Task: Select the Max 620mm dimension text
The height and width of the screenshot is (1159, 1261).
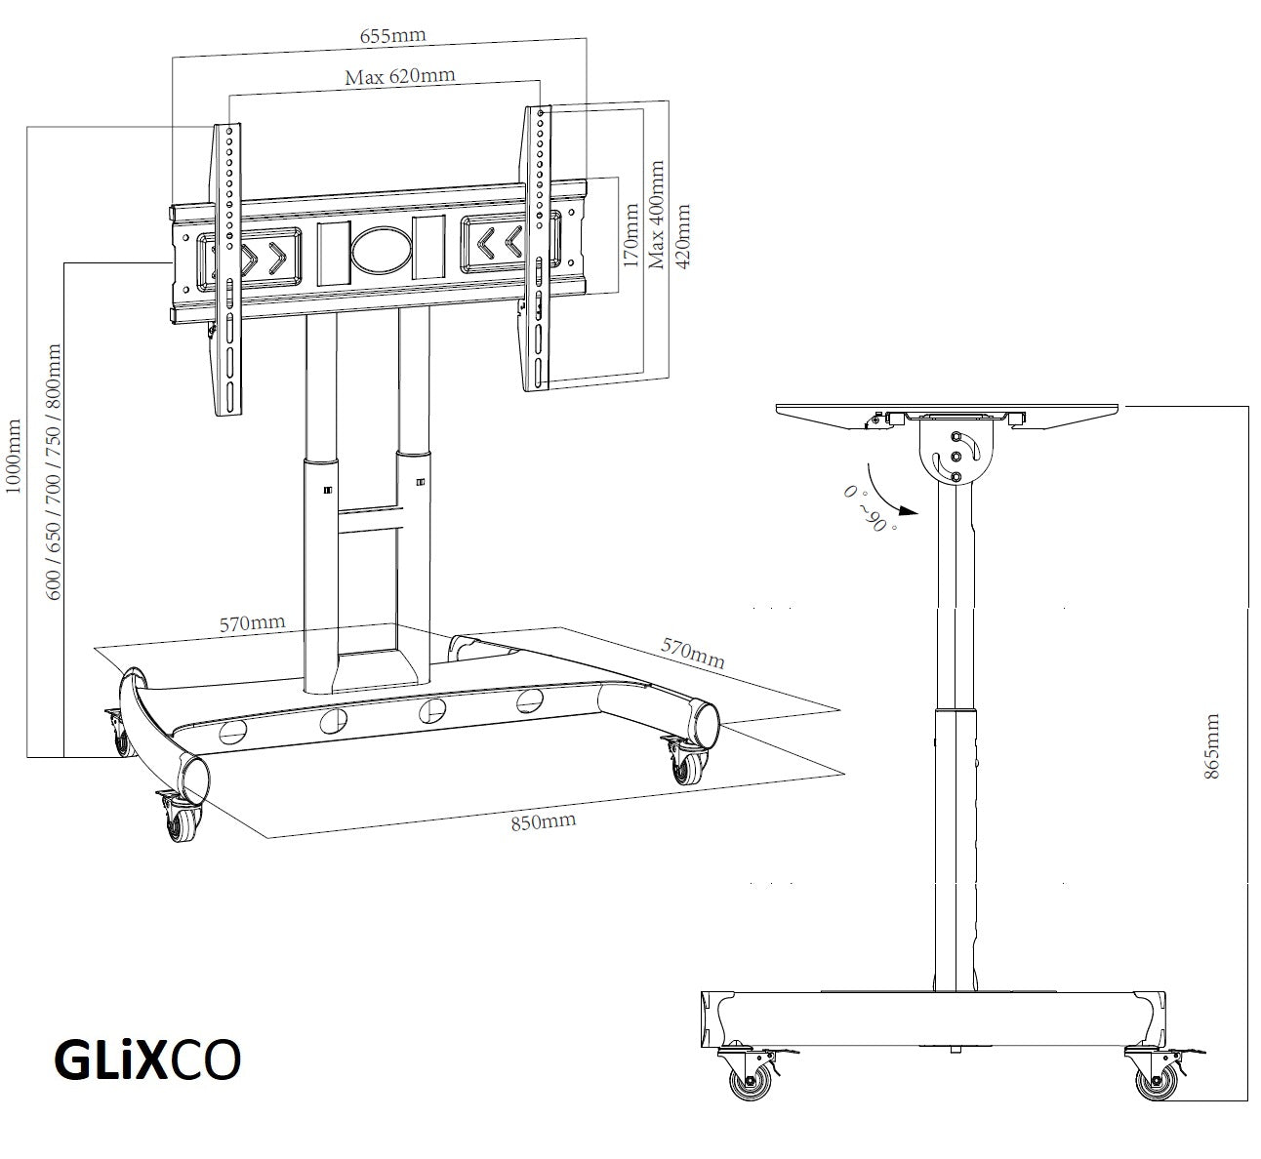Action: click(x=399, y=76)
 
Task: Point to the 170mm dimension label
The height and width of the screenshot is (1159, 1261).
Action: click(x=630, y=234)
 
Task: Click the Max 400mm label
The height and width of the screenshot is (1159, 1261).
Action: click(x=657, y=215)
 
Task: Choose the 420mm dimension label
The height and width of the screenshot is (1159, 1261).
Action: click(x=682, y=237)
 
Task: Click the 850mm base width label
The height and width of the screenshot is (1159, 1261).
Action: click(x=543, y=820)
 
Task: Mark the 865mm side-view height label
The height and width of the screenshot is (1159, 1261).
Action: click(x=1212, y=745)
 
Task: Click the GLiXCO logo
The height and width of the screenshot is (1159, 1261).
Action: click(x=145, y=1062)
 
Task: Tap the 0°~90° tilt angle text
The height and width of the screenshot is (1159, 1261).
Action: click(x=868, y=507)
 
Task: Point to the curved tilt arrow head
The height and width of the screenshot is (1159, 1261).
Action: click(x=910, y=509)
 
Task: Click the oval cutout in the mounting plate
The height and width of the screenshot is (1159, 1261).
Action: click(x=382, y=250)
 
